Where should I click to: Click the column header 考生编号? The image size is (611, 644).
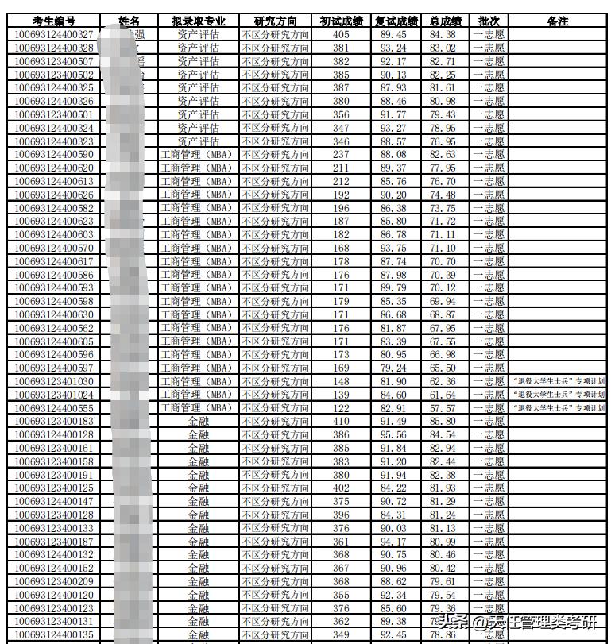pyautogui.click(x=54, y=21)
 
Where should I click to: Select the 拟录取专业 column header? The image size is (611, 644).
pyautogui.click(x=198, y=21)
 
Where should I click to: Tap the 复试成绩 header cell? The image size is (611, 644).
pyautogui.click(x=396, y=21)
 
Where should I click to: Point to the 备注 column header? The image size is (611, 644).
pyautogui.click(x=558, y=21)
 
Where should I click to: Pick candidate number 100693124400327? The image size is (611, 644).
pyautogui.click(x=54, y=34)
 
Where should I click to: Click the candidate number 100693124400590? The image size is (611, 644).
pyautogui.click(x=54, y=154)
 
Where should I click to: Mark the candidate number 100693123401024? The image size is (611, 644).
pyautogui.click(x=54, y=395)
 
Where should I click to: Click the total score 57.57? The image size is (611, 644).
pyautogui.click(x=443, y=408)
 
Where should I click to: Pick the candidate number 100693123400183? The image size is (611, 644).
pyautogui.click(x=54, y=422)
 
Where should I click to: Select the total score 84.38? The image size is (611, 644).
pyautogui.click(x=443, y=34)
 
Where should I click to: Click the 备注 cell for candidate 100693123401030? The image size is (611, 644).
pyautogui.click(x=558, y=381)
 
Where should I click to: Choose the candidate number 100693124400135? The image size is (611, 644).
pyautogui.click(x=54, y=634)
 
